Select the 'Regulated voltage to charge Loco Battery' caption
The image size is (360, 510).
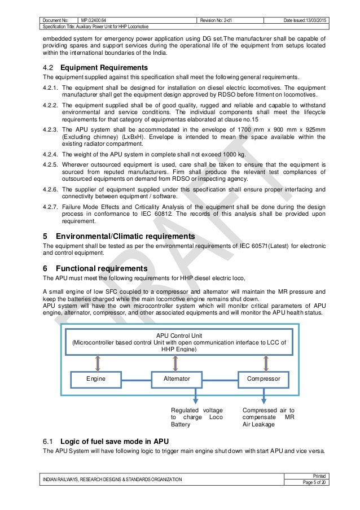[x=196, y=416]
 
